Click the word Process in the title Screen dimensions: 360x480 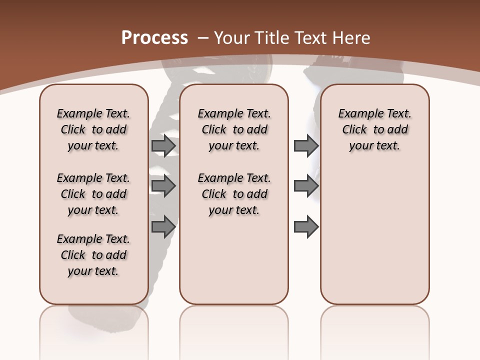pyautogui.click(x=154, y=38)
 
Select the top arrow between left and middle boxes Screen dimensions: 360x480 pyautogui.click(x=163, y=145)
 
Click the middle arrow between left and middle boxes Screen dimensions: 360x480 pyautogui.click(x=163, y=186)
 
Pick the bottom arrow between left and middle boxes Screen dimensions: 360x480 pyautogui.click(x=163, y=226)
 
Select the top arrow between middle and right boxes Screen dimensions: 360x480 pyautogui.click(x=306, y=145)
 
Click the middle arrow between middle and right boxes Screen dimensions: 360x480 pyautogui.click(x=306, y=186)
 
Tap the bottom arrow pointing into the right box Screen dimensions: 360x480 pyautogui.click(x=306, y=226)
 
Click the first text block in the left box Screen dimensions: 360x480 pyautogui.click(x=93, y=129)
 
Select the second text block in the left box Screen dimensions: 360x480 pyautogui.click(x=93, y=194)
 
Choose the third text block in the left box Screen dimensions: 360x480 pyautogui.click(x=93, y=255)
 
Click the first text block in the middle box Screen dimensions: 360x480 pyautogui.click(x=234, y=129)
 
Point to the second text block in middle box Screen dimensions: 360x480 pyautogui.click(x=234, y=194)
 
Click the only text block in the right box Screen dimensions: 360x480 pyautogui.click(x=375, y=129)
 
